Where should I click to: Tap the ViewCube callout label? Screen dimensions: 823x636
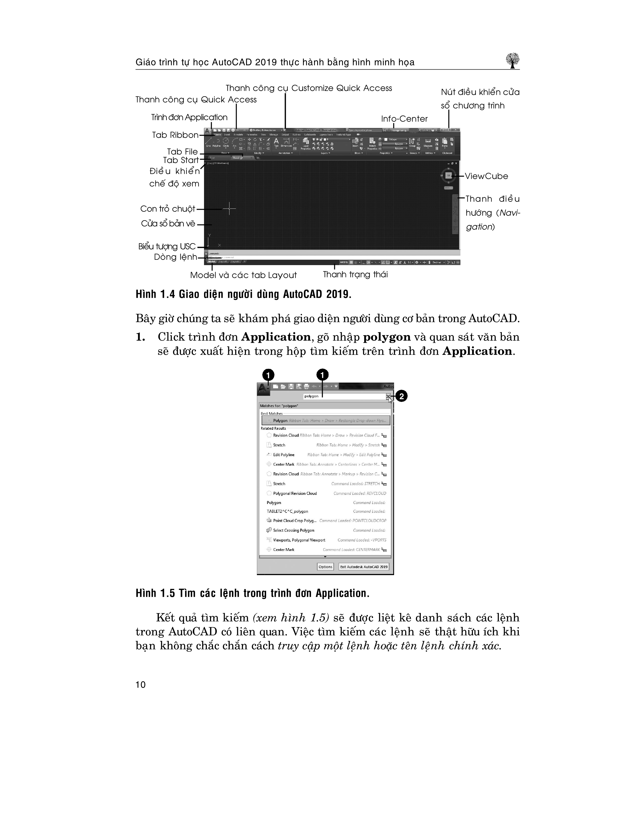pos(486,176)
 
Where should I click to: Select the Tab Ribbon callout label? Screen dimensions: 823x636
pos(175,135)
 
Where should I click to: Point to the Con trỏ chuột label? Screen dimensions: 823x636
pos(168,209)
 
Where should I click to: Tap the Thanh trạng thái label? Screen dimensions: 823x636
pos(355,274)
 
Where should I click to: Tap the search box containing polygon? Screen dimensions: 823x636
pos(344,396)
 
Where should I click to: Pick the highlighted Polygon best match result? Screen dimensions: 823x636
pos(325,420)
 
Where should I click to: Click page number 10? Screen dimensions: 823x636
pos(140,685)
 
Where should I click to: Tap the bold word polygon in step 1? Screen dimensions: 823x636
pos(387,337)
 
